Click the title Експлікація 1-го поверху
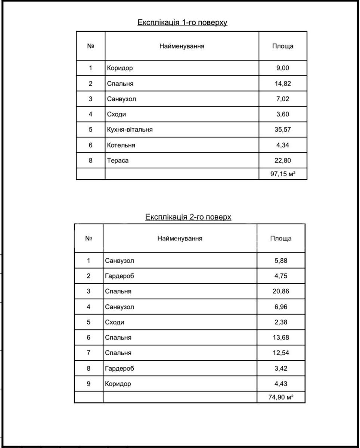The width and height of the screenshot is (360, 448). (182, 22)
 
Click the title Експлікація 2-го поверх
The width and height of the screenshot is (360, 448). (188, 217)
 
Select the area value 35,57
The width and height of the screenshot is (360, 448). (283, 130)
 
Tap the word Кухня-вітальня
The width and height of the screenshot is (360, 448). (130, 130)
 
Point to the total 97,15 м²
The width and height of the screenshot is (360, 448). (283, 174)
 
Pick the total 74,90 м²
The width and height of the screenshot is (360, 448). (281, 397)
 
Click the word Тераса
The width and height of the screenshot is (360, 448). (118, 161)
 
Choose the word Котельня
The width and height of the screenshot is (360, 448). (121, 145)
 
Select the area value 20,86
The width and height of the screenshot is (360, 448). (281, 291)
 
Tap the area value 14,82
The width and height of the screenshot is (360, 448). (283, 84)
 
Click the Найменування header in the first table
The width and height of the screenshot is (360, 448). (182, 46)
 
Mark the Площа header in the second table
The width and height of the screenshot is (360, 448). (281, 239)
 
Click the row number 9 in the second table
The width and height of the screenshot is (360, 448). (89, 383)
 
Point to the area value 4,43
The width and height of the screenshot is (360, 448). (281, 383)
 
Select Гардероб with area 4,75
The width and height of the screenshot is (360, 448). (120, 276)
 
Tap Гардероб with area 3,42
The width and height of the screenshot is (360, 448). (120, 368)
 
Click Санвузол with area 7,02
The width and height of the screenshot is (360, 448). (121, 99)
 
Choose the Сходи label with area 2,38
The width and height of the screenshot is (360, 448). (115, 322)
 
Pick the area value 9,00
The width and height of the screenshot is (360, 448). (283, 68)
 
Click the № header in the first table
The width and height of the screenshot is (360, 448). (91, 46)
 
